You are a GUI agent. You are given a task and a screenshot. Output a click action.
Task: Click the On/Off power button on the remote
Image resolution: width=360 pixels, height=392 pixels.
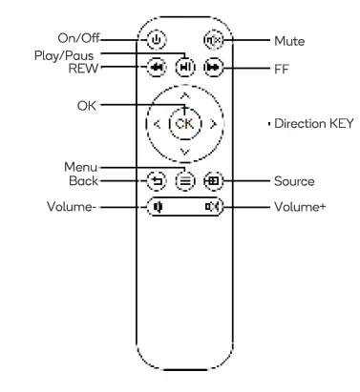(158, 41)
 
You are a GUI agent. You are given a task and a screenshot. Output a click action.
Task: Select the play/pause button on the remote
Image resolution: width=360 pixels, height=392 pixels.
(184, 69)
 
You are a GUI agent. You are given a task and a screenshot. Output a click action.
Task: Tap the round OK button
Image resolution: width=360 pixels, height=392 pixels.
(184, 123)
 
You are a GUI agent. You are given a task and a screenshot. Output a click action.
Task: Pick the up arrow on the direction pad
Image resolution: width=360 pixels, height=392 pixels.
(184, 95)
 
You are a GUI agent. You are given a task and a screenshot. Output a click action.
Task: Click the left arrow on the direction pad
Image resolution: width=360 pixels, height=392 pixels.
(157, 123)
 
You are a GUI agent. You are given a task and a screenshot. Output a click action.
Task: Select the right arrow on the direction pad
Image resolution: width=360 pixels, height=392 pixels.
(212, 123)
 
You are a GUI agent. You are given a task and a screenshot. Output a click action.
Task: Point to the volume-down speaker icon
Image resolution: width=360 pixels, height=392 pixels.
(159, 205)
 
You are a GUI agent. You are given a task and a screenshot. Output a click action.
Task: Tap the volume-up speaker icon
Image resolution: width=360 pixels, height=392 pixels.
(210, 205)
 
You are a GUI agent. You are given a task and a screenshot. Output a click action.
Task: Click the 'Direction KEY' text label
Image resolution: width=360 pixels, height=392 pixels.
(313, 124)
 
